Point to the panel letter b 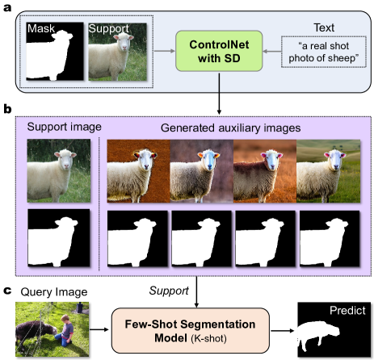(6, 106)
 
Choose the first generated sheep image (138, 170)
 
